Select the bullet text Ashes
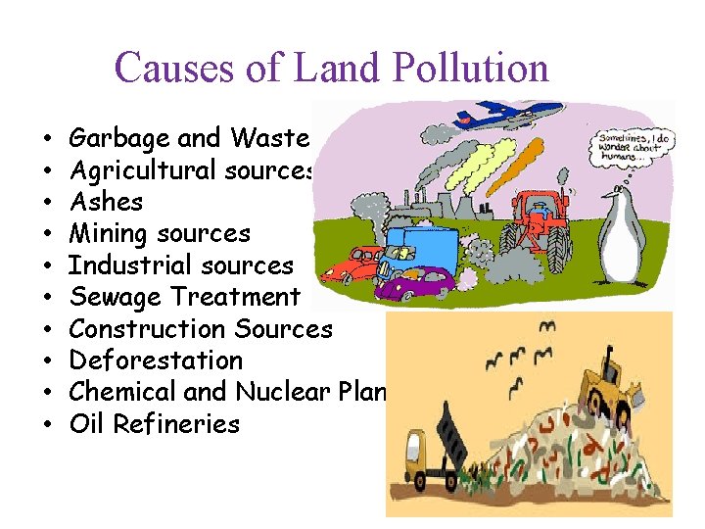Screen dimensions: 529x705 (107, 203)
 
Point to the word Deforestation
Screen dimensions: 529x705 (156, 361)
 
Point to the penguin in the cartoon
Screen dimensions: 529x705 (621, 235)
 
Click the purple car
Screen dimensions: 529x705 (415, 284)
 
